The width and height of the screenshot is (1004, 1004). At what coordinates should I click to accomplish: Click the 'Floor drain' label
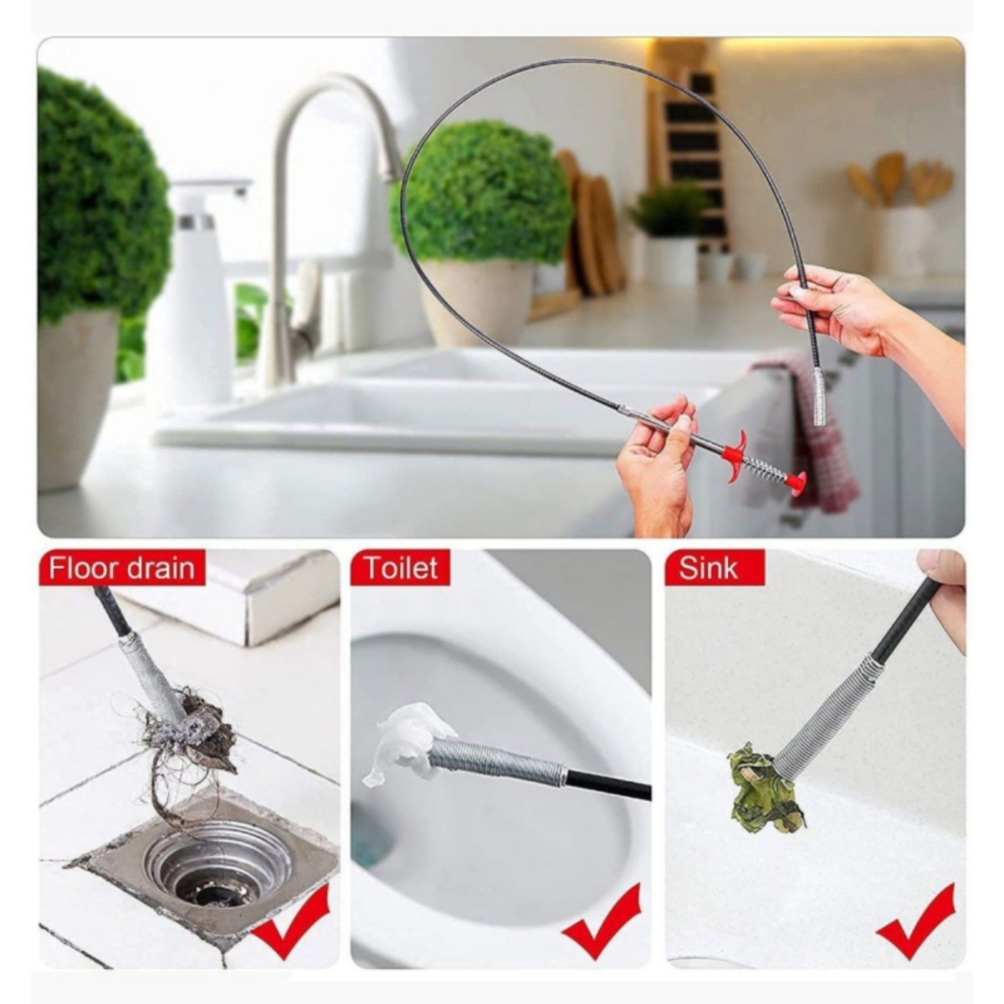121,568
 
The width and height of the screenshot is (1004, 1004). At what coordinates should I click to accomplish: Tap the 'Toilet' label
402,567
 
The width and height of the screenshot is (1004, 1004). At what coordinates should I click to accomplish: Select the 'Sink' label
708,568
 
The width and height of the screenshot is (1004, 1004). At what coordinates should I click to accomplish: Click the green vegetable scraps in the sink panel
764,786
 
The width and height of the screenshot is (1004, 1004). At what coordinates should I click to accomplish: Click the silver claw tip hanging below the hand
820,397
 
